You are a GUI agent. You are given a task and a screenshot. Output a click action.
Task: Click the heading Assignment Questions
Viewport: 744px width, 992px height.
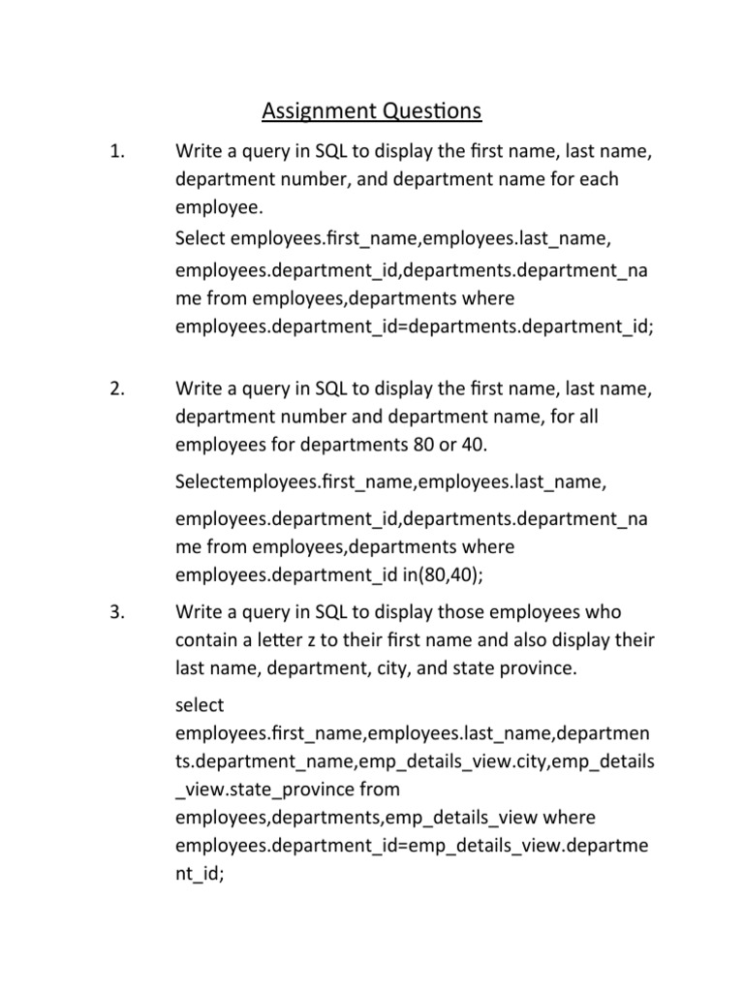click(371, 112)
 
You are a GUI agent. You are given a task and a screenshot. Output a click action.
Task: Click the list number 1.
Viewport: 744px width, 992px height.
click(119, 151)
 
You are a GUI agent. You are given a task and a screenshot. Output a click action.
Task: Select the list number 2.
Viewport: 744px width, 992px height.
click(119, 389)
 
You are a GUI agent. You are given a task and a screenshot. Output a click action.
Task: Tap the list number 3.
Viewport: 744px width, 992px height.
click(119, 613)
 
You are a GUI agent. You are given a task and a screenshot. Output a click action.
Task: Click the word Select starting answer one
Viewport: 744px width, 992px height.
click(201, 237)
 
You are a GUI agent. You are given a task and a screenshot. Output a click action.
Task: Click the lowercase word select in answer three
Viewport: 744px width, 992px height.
click(200, 705)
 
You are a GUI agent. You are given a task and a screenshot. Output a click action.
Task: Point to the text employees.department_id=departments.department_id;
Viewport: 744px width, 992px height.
click(415, 326)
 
